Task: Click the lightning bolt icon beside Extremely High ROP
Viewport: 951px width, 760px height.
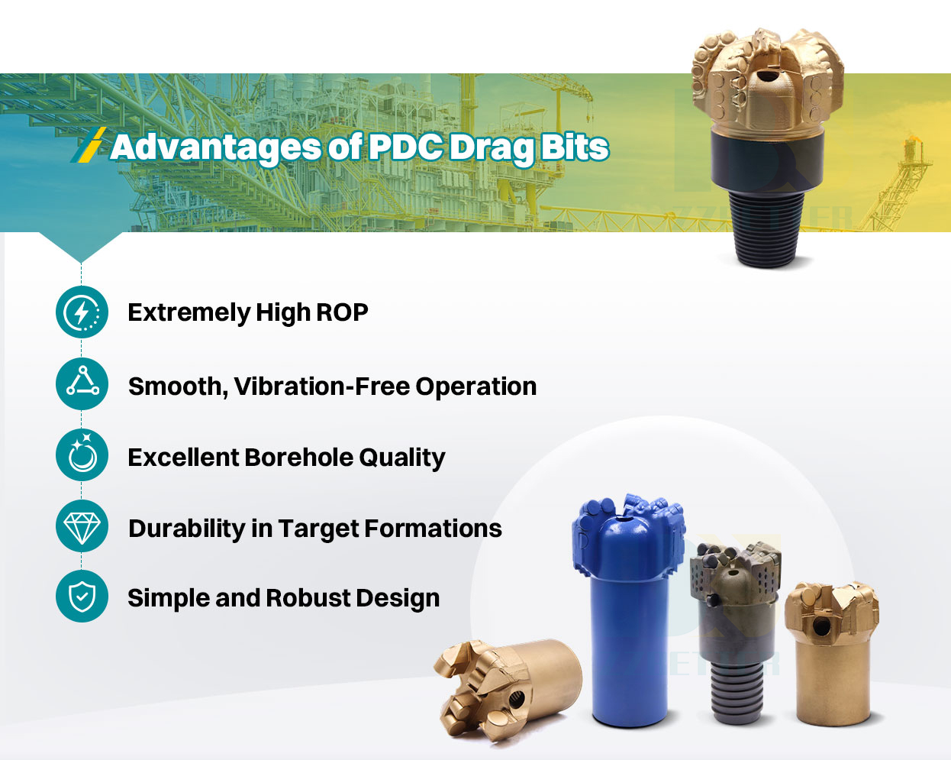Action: (x=82, y=312)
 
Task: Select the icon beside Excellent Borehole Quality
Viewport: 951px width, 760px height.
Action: (x=82, y=455)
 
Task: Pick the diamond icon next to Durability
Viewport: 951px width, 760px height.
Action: (x=82, y=526)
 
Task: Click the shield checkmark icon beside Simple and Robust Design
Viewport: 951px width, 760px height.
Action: (x=82, y=597)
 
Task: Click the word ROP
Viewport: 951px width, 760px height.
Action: (x=342, y=312)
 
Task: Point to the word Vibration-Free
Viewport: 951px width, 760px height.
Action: (x=321, y=386)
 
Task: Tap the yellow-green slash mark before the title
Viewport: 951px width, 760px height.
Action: (x=89, y=145)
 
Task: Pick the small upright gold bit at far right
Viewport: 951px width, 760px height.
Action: (x=831, y=657)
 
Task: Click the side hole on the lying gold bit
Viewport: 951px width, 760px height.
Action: (x=517, y=699)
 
